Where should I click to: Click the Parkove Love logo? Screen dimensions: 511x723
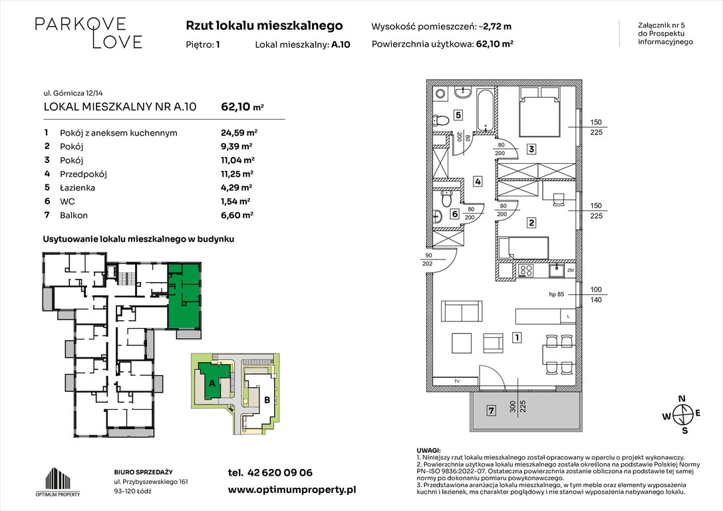(x=88, y=33)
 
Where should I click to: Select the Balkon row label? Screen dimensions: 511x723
(x=73, y=215)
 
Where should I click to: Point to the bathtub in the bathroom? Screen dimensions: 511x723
(x=484, y=110)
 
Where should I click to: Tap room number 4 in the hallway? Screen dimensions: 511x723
(x=478, y=181)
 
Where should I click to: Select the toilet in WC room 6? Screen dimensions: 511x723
(x=448, y=198)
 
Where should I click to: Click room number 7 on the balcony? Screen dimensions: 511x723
(x=490, y=411)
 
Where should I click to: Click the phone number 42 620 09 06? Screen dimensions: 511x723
(x=270, y=473)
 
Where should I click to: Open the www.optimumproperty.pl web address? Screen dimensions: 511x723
(x=292, y=490)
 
